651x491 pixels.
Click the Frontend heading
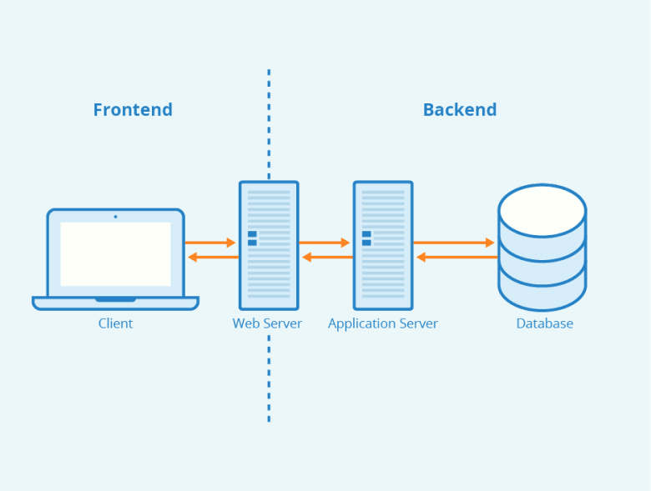click(x=133, y=110)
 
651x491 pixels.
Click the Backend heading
click(x=460, y=110)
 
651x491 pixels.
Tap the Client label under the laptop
click(x=115, y=323)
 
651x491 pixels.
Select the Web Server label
click(x=267, y=323)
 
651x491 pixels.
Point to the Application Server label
click(x=383, y=324)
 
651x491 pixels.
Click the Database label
click(x=545, y=323)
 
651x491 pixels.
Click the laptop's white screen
click(x=115, y=254)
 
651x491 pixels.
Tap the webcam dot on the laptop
click(x=115, y=217)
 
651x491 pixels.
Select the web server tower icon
click(x=269, y=245)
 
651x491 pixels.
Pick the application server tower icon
click(x=383, y=245)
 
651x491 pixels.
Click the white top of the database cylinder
click(x=542, y=211)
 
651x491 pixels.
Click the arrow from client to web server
click(x=210, y=243)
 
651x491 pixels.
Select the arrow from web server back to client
click(x=214, y=258)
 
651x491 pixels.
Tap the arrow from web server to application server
click(x=325, y=243)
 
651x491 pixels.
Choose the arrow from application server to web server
click(x=327, y=258)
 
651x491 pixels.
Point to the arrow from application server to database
click(x=454, y=243)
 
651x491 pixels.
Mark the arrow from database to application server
click(x=457, y=258)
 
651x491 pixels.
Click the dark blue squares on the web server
click(x=252, y=238)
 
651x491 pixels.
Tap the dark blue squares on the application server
click(x=366, y=238)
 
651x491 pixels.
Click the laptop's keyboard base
click(x=115, y=303)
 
